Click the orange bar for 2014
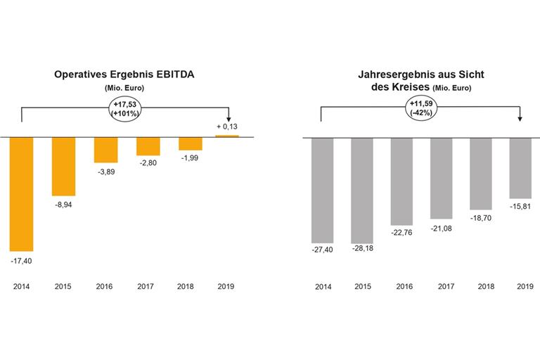click(x=21, y=193)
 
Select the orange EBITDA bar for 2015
click(x=63, y=165)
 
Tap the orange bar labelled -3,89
click(x=105, y=149)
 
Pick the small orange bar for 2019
click(x=227, y=136)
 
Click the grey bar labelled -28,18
click(x=363, y=190)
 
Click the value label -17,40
click(x=22, y=261)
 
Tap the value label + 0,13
click(x=227, y=127)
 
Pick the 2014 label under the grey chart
click(x=322, y=287)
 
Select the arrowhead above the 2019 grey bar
click(x=519, y=120)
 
